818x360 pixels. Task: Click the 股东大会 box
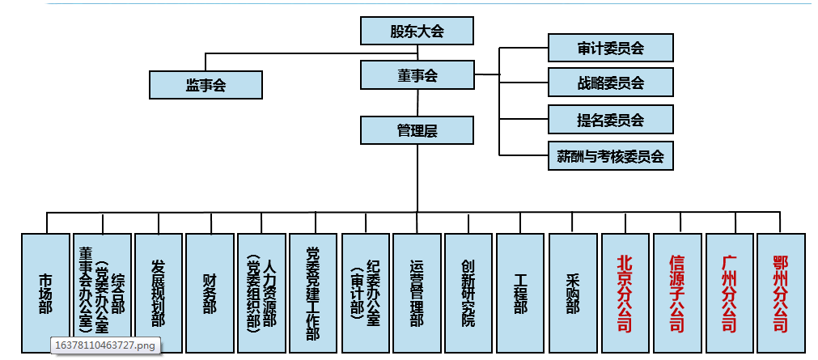(417, 32)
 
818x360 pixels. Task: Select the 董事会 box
(417, 76)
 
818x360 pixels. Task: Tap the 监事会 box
(206, 84)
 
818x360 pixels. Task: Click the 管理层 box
(417, 130)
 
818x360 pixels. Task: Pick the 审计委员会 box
(611, 48)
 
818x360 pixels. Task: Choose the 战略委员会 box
(611, 83)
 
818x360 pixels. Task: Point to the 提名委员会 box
(611, 120)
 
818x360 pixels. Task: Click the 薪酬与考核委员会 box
(611, 156)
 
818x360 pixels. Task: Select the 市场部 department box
(46, 292)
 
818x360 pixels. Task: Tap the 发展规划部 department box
(158, 292)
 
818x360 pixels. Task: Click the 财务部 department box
(210, 292)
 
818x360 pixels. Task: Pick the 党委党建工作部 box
(313, 292)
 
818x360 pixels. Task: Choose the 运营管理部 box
(417, 292)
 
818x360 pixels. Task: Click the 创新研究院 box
(468, 292)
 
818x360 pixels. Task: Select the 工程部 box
(520, 292)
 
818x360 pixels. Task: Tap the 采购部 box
(573, 292)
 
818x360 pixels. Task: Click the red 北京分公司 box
(625, 292)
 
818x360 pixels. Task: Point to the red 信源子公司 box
(677, 292)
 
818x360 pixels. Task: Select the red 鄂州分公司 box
(781, 292)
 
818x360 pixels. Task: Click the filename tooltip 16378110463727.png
(104, 345)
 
